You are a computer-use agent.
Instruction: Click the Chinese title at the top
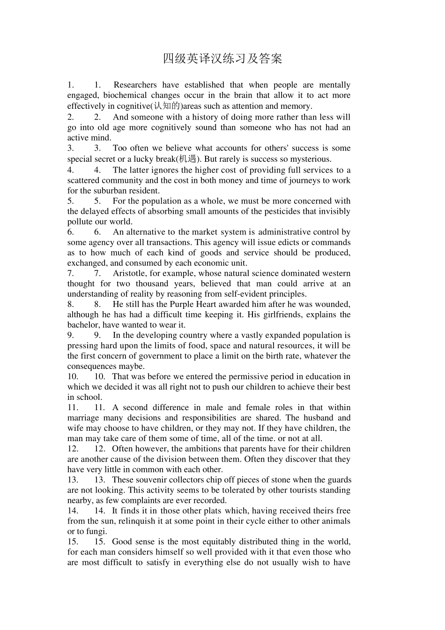pos(222,59)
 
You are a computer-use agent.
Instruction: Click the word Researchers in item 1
pos(135,85)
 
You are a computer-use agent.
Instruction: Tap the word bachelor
pos(83,325)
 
